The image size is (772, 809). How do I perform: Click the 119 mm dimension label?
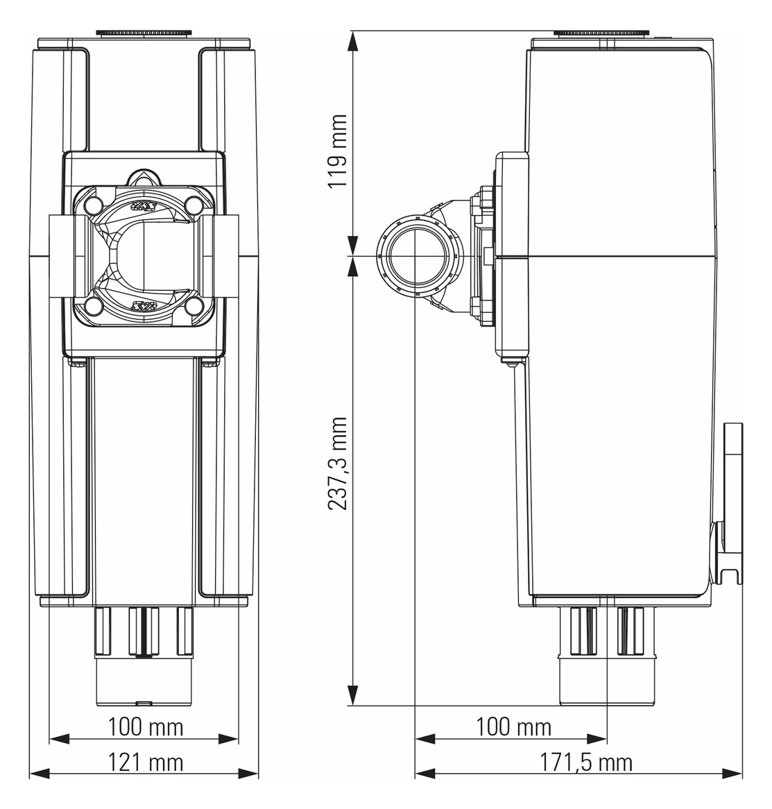(338, 152)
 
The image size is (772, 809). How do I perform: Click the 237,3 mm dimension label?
(338, 463)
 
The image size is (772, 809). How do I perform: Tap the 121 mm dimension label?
(146, 762)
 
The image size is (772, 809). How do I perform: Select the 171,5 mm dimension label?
(586, 762)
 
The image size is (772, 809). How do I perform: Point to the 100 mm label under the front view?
(146, 727)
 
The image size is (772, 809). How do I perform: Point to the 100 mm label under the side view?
(513, 727)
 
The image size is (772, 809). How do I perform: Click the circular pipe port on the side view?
(415, 256)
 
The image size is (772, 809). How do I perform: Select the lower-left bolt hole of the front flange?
(94, 307)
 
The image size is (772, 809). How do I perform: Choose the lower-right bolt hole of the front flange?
(194, 307)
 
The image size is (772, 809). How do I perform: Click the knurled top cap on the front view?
(144, 33)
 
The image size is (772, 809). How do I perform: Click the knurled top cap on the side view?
(601, 33)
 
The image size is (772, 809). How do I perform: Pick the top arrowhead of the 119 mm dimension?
(353, 41)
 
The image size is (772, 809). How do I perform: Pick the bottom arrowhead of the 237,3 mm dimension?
(353, 695)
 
